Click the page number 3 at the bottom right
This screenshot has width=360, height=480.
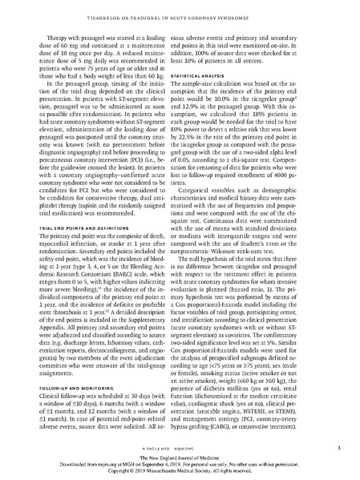340,435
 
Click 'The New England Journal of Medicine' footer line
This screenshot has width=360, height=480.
180,450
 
